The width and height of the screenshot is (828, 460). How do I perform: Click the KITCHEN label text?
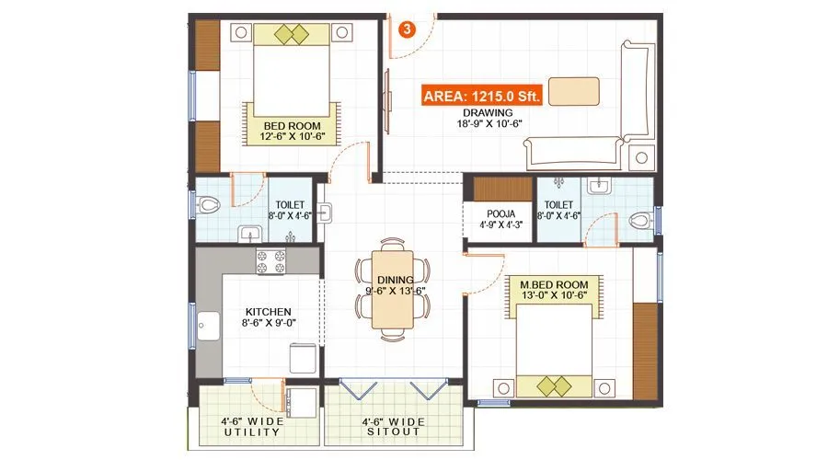pyautogui.click(x=268, y=312)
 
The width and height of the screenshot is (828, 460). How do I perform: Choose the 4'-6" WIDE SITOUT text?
pyautogui.click(x=393, y=430)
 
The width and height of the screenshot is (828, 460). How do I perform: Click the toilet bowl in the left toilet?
pyautogui.click(x=205, y=204)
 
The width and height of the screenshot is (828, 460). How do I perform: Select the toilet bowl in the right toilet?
pyautogui.click(x=641, y=220)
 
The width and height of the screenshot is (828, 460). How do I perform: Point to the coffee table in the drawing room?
pyautogui.click(x=575, y=90)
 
